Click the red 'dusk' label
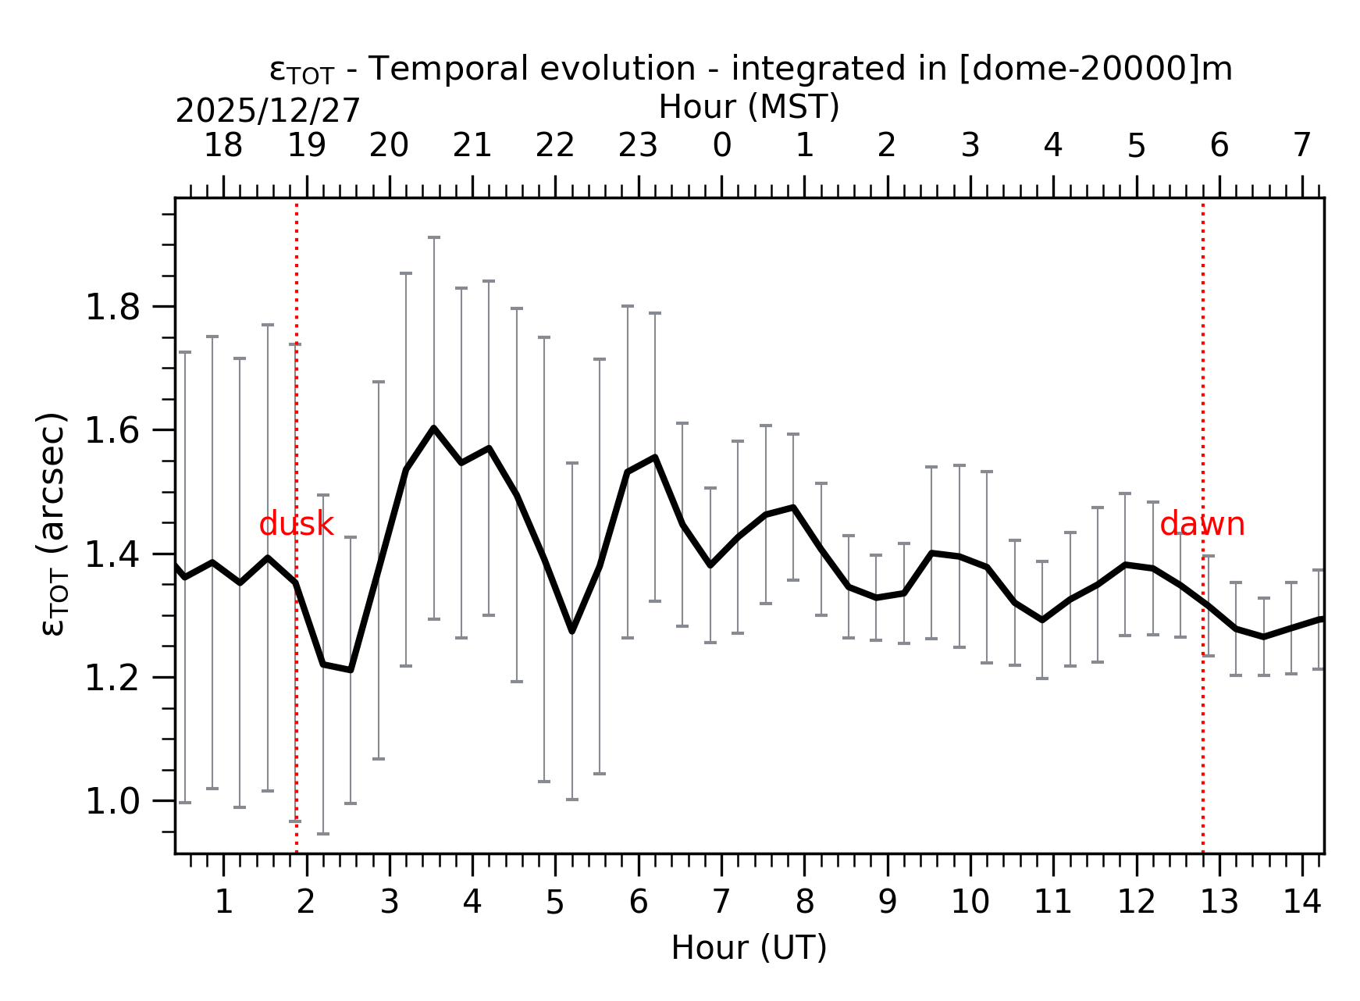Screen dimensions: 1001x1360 296,525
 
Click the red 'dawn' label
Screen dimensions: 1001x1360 1202,525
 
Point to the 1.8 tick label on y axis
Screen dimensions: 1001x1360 112,308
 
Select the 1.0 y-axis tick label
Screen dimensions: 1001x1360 112,802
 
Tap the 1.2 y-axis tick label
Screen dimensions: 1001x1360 112,679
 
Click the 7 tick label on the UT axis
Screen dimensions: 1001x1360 721,903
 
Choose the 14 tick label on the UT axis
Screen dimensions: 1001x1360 1302,903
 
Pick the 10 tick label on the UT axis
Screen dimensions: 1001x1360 970,903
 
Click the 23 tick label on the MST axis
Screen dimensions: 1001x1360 638,145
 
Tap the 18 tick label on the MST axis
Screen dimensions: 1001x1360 223,145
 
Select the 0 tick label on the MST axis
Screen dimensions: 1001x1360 721,145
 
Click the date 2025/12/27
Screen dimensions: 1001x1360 268,111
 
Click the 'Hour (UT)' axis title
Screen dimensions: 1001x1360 749,948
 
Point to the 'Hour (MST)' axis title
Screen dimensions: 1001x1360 749,107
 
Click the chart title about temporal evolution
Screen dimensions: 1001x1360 750,69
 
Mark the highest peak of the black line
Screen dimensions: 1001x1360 433,428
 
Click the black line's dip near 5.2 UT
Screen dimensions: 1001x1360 571,630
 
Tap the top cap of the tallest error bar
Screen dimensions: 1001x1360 433,237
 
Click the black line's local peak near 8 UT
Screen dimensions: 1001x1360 793,508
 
